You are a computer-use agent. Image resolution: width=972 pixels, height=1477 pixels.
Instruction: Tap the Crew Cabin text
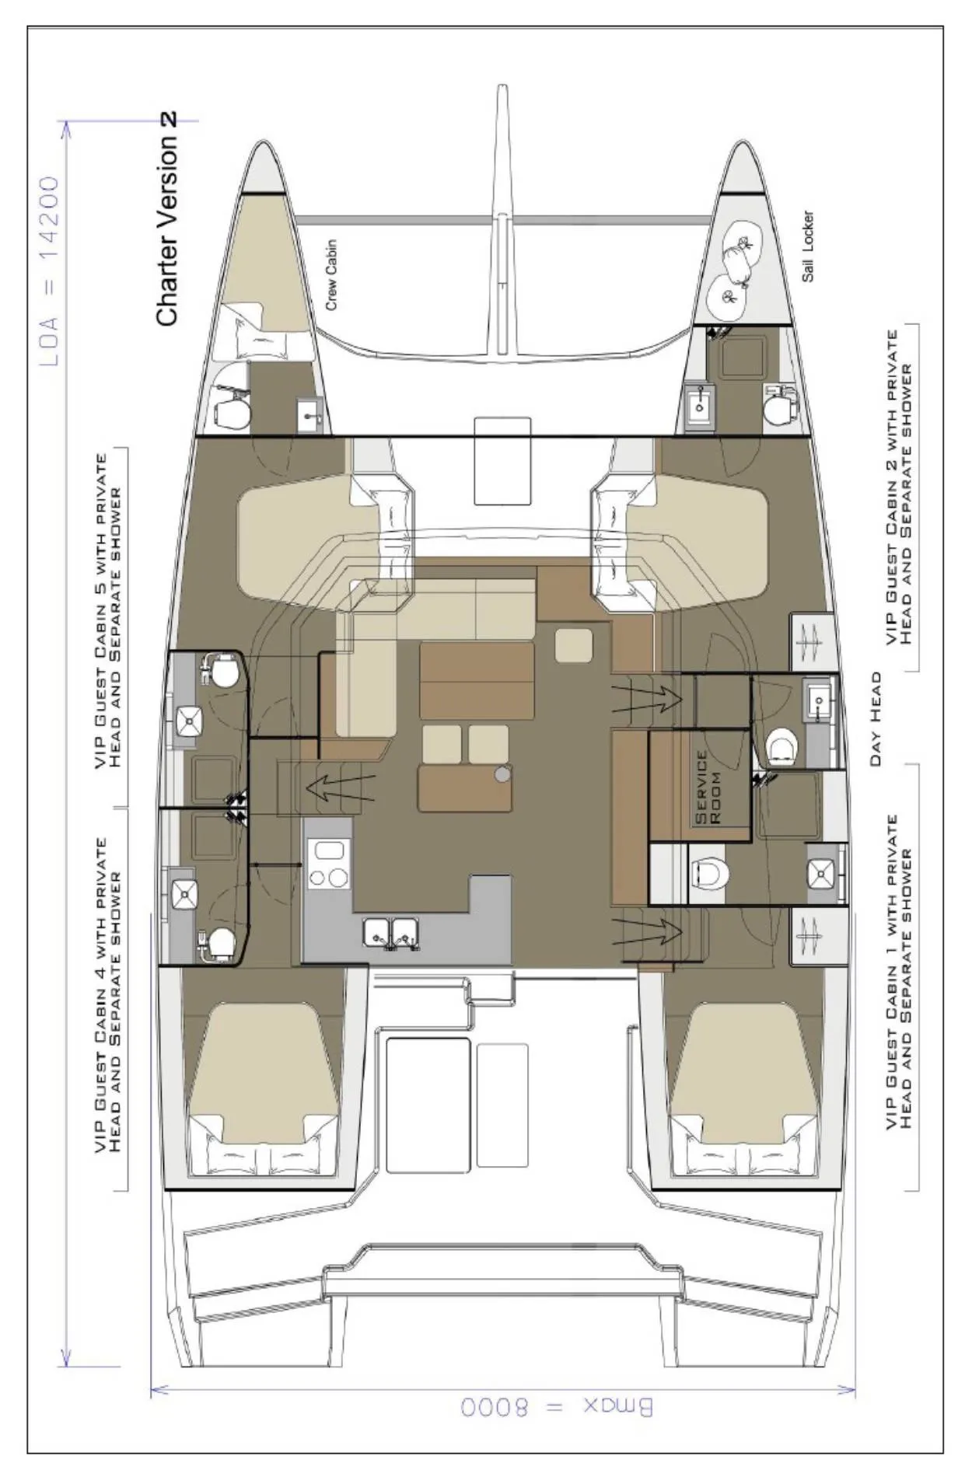[x=331, y=274]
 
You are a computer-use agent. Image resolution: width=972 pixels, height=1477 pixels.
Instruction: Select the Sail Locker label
[x=809, y=246]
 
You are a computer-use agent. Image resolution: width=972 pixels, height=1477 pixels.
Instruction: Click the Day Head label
[x=876, y=719]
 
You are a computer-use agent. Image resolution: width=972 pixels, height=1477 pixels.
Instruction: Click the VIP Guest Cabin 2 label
[x=899, y=498]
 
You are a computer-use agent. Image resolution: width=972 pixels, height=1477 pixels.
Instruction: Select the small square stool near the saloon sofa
[x=574, y=645]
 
